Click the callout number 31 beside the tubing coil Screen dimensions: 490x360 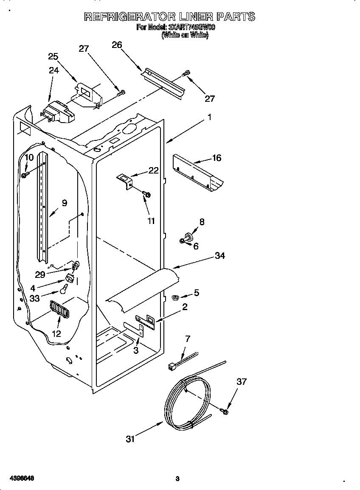click(130, 439)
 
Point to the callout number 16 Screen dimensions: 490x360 click(217, 158)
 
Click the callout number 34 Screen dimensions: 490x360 click(220, 255)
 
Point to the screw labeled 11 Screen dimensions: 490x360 click(147, 194)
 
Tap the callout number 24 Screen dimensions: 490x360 click(53, 70)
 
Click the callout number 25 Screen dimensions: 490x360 click(53, 56)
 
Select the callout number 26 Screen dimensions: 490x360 click(117, 45)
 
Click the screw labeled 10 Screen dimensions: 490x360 click(25, 174)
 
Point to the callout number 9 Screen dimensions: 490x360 click(64, 203)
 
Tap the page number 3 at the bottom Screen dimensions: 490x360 click(177, 479)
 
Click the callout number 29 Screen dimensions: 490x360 click(40, 274)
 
